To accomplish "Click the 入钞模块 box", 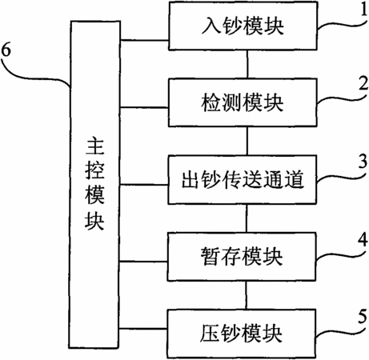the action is [243, 26].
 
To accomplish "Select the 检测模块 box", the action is [243, 102].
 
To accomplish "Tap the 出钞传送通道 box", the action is [243, 179].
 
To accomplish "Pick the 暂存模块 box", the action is [242, 256].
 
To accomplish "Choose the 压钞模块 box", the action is [242, 334].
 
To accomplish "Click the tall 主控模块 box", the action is [94, 185].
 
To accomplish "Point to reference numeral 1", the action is [363, 10].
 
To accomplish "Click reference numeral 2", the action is [363, 85].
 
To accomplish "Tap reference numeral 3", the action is [363, 162].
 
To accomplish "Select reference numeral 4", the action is [363, 239].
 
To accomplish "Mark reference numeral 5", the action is [363, 317].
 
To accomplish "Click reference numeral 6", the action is [6, 50].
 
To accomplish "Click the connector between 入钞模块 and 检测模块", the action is [247, 64].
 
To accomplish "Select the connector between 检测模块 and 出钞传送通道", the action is [247, 141].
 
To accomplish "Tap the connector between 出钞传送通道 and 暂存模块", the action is [247, 218].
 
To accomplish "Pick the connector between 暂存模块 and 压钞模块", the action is [247, 295].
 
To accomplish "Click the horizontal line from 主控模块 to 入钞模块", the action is [145, 41].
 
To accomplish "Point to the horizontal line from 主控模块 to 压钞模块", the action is [143, 329].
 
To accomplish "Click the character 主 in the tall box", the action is [95, 146].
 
